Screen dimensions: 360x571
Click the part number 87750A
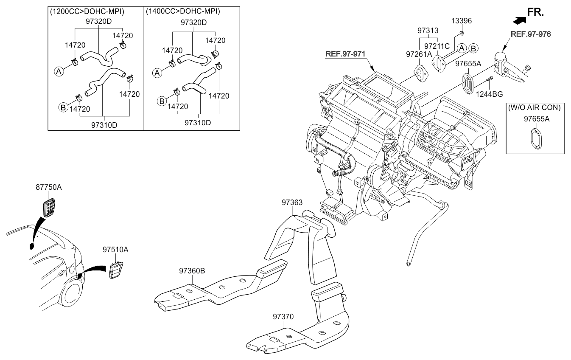[x=48, y=187]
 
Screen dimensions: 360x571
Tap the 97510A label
[x=115, y=250]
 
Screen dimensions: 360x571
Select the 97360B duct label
[x=192, y=270]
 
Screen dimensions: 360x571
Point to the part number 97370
[x=283, y=317]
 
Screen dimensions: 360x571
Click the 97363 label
[x=292, y=203]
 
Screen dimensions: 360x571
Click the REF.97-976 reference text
[x=531, y=34]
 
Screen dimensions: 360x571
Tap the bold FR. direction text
[x=535, y=12]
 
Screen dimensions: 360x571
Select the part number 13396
[x=461, y=21]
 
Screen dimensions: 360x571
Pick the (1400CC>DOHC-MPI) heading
[x=183, y=11]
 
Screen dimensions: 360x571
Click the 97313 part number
[x=428, y=31]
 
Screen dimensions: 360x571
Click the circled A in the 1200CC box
[x=59, y=72]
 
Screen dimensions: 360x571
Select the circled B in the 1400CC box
[x=162, y=101]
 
